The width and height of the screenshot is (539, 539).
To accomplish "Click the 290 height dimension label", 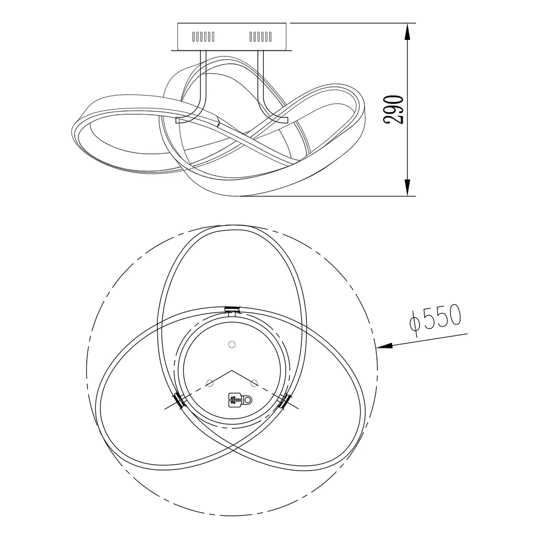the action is point(393,109).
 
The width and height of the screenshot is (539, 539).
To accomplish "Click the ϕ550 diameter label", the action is point(435,317).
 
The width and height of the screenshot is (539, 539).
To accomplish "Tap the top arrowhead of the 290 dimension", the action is point(407,32).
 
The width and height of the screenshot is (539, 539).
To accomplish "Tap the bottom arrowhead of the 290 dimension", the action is point(407,187).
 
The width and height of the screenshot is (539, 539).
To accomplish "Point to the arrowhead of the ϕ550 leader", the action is point(385,346).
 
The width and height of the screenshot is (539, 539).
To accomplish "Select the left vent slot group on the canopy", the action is point(203,36).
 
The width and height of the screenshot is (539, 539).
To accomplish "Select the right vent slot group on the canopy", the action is point(261,36).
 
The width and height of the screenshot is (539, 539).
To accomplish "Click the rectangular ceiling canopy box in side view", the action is point(232,36).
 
